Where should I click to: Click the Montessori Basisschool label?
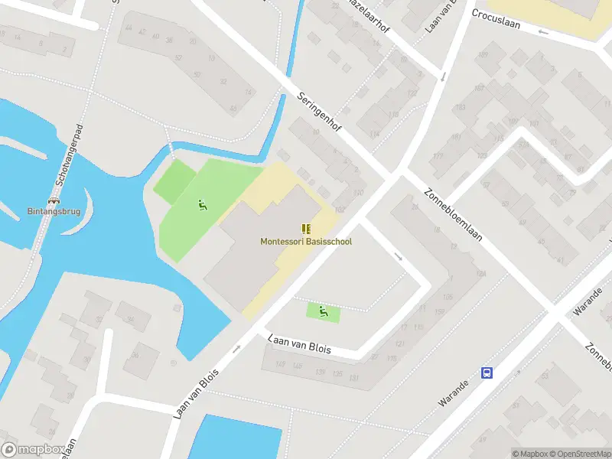pos(306,242)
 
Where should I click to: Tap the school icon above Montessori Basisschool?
pos(306,229)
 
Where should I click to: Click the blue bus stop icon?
pos(487,373)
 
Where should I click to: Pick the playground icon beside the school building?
pos(202,205)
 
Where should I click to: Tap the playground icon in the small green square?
pos(324,311)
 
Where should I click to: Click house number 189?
pos(482,54)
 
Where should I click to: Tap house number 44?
pos(129,29)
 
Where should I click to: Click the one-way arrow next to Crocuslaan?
pos(543,32)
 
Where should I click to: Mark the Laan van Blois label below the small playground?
pos(299,343)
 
